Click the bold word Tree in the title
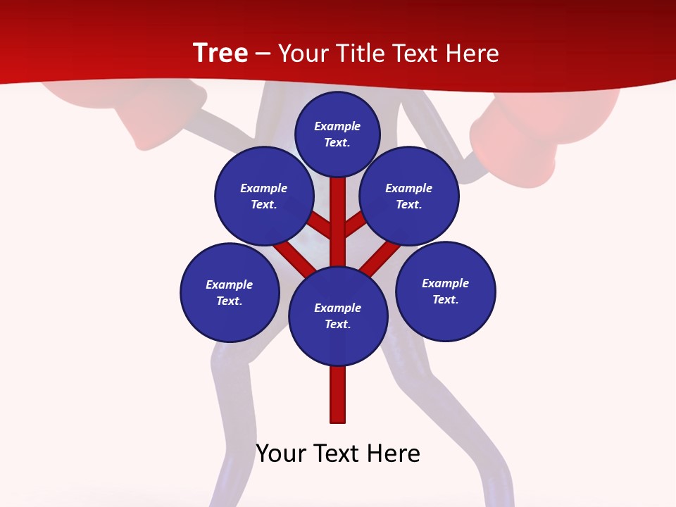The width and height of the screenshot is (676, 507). click(x=220, y=53)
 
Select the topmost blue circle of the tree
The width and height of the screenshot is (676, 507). click(x=337, y=134)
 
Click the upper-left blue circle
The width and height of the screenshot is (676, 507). click(x=264, y=196)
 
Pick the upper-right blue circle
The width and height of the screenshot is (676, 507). click(x=409, y=196)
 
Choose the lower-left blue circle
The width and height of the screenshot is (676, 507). click(x=230, y=292)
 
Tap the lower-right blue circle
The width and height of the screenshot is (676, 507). click(x=446, y=291)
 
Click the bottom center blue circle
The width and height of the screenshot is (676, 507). click(x=338, y=315)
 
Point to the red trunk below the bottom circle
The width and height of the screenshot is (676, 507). click(x=338, y=394)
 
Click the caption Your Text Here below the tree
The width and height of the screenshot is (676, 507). click(x=338, y=453)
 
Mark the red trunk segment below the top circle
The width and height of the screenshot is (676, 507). click(x=338, y=211)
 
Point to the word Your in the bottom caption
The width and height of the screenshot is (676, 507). click(x=280, y=453)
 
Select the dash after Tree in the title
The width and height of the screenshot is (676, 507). click(x=263, y=54)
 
